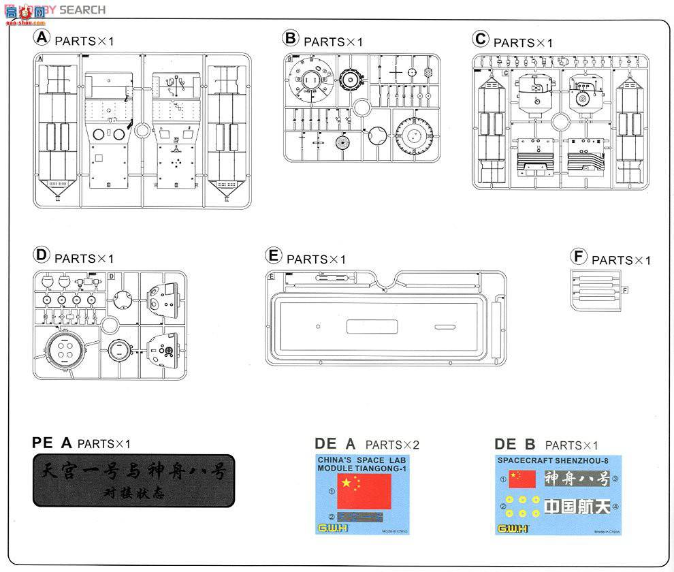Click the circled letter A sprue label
coord(42,37)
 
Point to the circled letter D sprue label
coord(42,255)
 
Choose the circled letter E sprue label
coord(274,256)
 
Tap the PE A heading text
coord(52,443)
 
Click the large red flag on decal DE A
coord(365,490)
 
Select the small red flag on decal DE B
coord(523,479)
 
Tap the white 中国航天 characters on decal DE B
coord(577,507)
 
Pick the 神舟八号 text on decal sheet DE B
coord(577,479)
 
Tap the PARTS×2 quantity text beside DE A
coord(392,445)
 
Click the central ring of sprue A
coord(142,130)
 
